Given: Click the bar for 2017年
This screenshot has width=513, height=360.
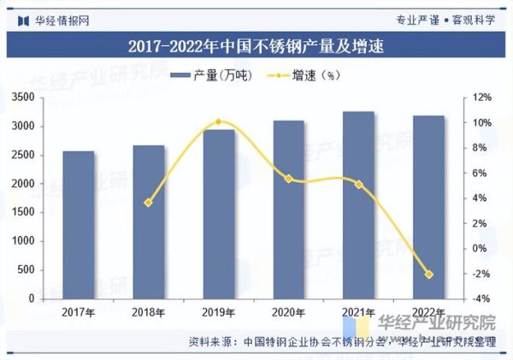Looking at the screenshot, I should point(79,226).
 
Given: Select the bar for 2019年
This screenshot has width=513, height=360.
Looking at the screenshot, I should point(218,215).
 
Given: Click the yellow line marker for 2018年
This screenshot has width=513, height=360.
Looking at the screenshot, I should point(148,203).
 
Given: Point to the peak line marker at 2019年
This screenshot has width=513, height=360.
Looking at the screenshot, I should point(218,122).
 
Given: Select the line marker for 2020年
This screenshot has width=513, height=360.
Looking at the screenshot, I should point(288,179).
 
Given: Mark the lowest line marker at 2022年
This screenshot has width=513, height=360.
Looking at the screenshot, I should point(428,274).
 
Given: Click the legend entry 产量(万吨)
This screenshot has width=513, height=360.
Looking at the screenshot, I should point(211,76).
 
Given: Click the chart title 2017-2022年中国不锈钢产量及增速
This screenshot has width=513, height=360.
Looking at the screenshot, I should point(256,46).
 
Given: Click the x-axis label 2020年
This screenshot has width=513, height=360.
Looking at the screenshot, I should point(288,312).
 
